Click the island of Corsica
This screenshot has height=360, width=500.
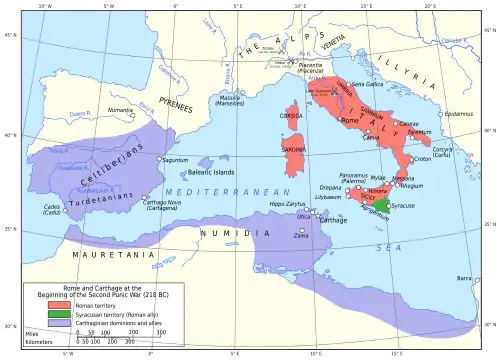coord(293,116)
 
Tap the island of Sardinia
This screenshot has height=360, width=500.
coord(293,150)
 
